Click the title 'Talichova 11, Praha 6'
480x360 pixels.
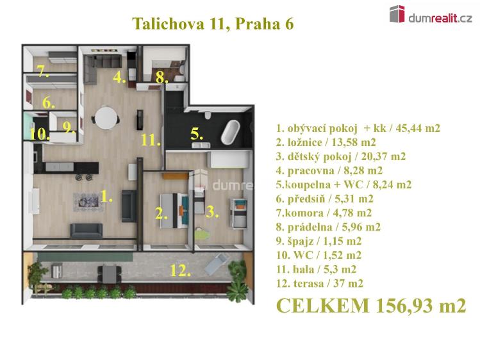213,24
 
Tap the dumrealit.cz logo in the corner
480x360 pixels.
431,15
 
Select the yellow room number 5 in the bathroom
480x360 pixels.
197,134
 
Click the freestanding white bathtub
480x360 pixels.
230,132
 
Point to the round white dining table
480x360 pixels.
106,119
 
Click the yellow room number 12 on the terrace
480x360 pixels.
181,270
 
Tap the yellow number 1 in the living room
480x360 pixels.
106,197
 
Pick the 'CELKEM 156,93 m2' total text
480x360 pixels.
371,306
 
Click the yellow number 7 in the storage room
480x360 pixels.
42,72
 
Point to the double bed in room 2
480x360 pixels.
174,211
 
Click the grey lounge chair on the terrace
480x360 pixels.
217,263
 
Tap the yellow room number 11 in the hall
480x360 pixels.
151,140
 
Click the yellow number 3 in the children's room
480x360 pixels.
212,211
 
